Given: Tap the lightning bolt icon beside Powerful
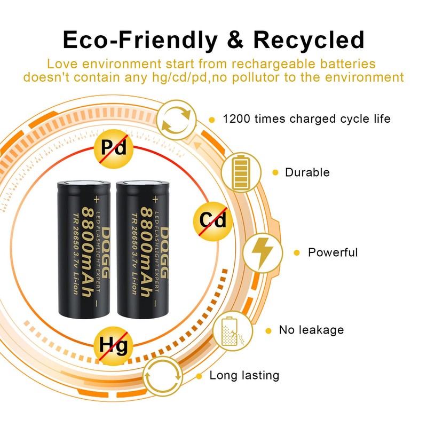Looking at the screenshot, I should tap(262, 252).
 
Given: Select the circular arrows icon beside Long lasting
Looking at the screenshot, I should tap(164, 375).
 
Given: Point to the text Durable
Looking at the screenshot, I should tap(307, 172).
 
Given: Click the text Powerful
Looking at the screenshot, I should tap(333, 252).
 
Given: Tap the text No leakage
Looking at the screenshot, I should tap(311, 330).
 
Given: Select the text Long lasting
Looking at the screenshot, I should tap(244, 375).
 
